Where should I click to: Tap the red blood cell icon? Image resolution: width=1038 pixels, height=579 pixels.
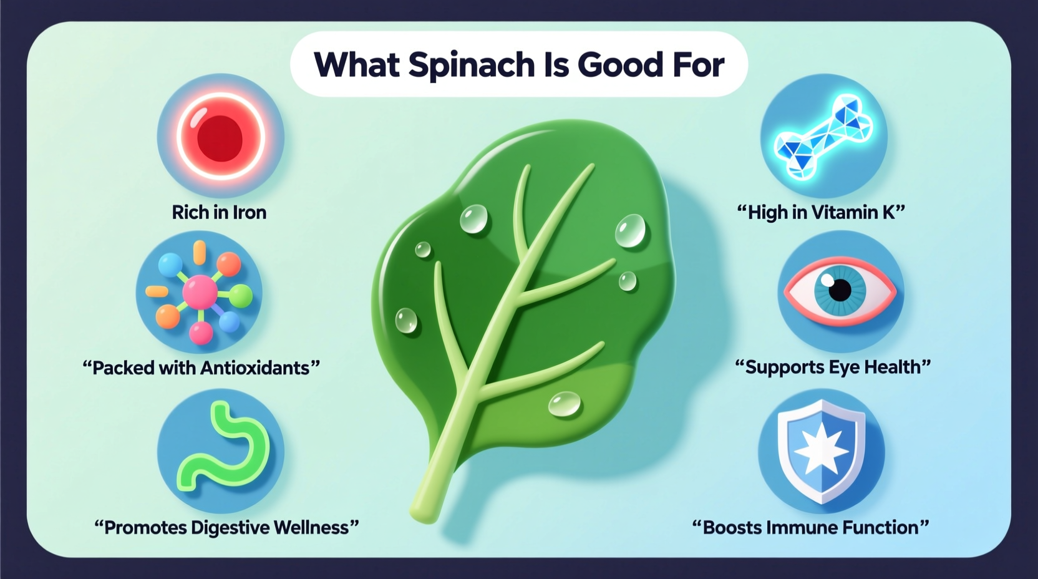pyautogui.click(x=220, y=137)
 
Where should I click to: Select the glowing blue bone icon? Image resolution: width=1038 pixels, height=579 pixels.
pyautogui.click(x=823, y=135)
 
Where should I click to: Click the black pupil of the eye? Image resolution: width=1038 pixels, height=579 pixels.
pyautogui.click(x=840, y=289)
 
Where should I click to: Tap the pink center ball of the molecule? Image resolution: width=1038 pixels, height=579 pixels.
pyautogui.click(x=200, y=292)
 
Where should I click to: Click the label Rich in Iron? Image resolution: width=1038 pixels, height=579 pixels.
pyautogui.click(x=219, y=213)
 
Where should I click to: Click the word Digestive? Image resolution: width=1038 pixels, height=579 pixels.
pyautogui.click(x=230, y=528)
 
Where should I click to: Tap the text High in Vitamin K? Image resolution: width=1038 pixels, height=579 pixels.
pyautogui.click(x=821, y=213)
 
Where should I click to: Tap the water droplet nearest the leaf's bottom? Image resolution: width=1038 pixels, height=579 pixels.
pyautogui.click(x=565, y=404)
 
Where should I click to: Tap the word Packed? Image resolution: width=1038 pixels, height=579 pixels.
pyautogui.click(x=124, y=368)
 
